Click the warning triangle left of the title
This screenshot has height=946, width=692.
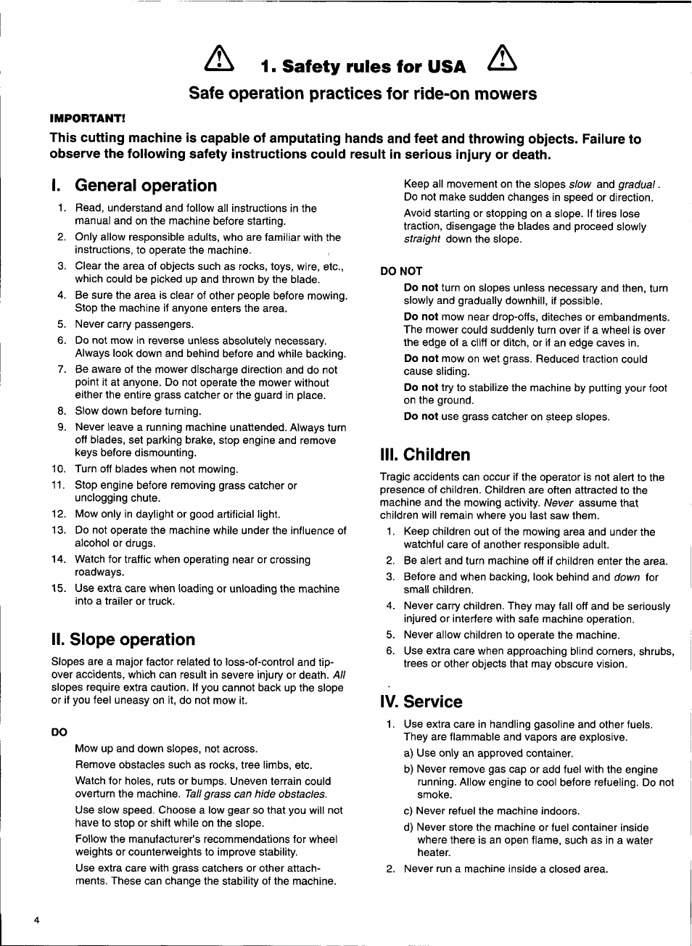(x=219, y=59)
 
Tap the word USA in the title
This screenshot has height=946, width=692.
(x=446, y=67)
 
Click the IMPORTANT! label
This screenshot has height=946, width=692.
(x=87, y=118)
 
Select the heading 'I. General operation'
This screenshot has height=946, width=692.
(x=134, y=186)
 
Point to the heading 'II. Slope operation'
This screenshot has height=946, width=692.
(x=123, y=640)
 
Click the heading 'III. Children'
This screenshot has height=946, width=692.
(x=425, y=455)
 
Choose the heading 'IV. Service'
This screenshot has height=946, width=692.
(x=421, y=702)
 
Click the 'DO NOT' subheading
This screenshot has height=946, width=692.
(x=401, y=271)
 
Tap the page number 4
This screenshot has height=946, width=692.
(x=36, y=920)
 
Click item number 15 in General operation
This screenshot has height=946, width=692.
(x=59, y=588)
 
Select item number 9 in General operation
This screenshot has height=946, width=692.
(x=62, y=427)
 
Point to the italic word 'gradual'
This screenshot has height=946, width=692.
(x=638, y=185)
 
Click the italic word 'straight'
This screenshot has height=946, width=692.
(x=422, y=239)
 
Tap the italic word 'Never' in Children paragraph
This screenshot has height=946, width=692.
(x=559, y=503)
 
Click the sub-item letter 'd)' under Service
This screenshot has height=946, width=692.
(x=408, y=828)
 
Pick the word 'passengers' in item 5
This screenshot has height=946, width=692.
(x=166, y=324)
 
